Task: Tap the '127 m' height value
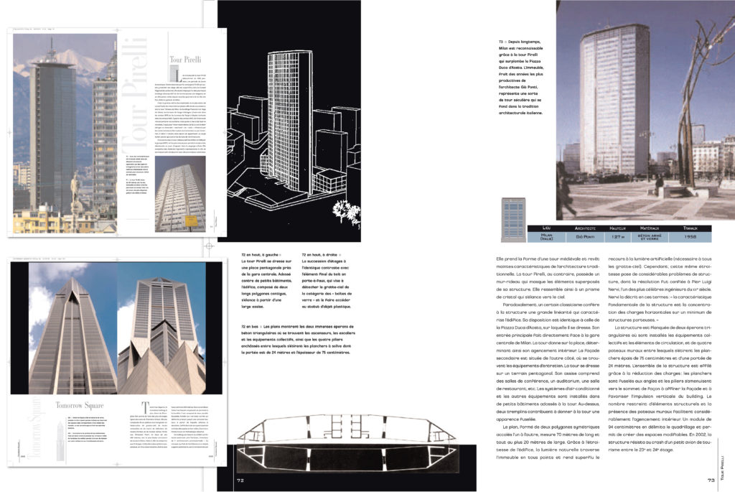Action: (x=622, y=235)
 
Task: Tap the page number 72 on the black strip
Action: (x=241, y=480)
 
